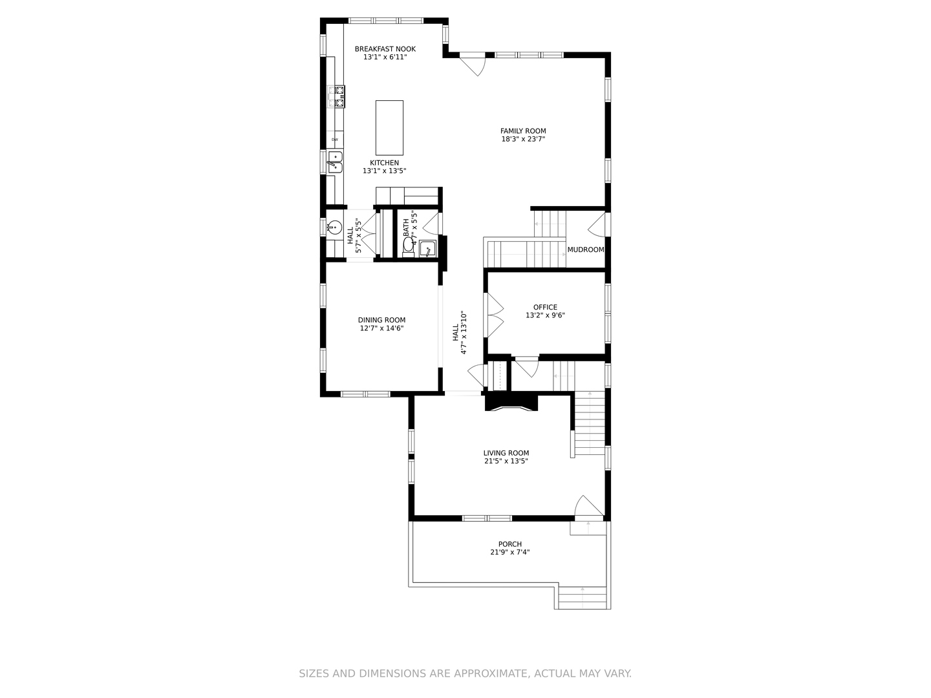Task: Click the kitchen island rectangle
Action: (389, 127)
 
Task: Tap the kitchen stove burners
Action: (336, 96)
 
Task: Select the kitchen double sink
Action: (335, 162)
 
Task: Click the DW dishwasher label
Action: (335, 140)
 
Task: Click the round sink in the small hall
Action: (335, 227)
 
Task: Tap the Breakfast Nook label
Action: (385, 49)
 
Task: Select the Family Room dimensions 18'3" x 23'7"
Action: (523, 139)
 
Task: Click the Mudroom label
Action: (586, 249)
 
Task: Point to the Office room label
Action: (545, 308)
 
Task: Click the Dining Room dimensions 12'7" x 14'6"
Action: (382, 328)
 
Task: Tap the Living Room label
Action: (506, 453)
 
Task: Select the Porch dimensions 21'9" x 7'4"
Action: (510, 552)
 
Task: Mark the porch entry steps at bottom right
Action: (583, 597)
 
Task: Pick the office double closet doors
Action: (495, 315)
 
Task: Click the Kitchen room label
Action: (384, 163)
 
